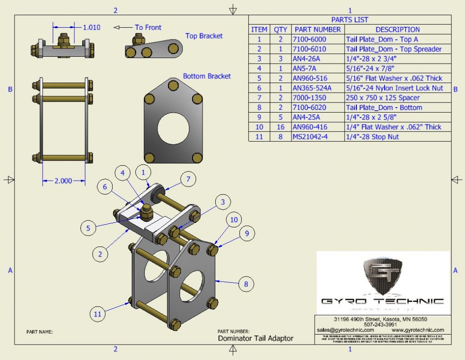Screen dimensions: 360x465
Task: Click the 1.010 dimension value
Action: point(91,27)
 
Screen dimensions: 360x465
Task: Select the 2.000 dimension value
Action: point(63,181)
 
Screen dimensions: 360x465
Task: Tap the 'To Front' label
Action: point(148,28)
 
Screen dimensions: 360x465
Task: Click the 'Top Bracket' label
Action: point(204,36)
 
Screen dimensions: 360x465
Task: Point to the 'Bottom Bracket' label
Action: point(207,76)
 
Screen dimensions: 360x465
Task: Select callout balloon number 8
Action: point(246,284)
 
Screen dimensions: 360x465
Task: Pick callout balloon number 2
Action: point(100,254)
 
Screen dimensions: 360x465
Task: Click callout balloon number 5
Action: point(89,228)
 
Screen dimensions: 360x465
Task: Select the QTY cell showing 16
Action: point(280,127)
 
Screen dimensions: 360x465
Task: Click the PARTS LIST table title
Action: point(350,20)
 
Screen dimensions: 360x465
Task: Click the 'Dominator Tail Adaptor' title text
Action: point(256,338)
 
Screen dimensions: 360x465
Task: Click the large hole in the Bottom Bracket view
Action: point(173,125)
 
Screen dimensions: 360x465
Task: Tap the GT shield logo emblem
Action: point(383,276)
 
